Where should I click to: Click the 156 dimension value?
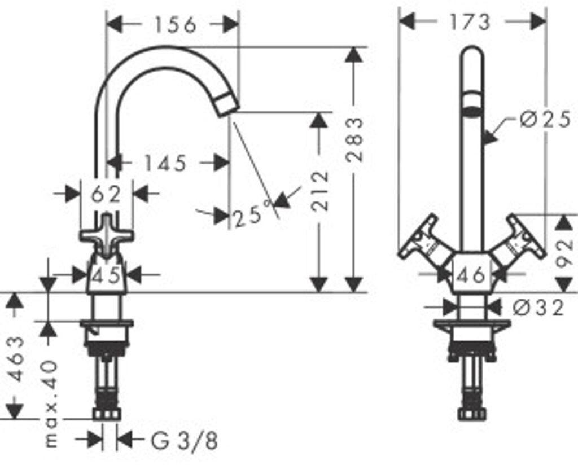(x=176, y=25)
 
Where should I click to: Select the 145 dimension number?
(x=165, y=163)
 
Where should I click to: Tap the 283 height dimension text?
(x=354, y=139)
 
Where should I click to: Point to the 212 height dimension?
(x=319, y=191)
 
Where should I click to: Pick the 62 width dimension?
(x=106, y=194)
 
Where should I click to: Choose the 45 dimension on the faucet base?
(x=106, y=274)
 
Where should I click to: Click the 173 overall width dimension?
(x=470, y=22)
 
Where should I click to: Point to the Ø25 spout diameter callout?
(x=545, y=120)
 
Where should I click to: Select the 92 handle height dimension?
(x=564, y=253)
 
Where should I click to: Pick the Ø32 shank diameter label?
(x=538, y=308)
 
